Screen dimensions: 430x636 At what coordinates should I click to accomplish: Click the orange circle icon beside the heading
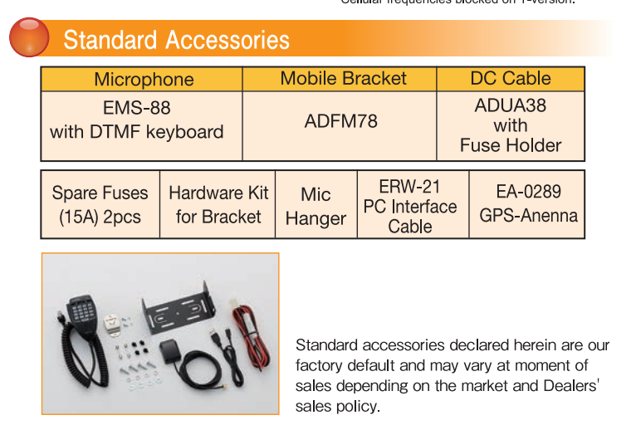tap(30, 38)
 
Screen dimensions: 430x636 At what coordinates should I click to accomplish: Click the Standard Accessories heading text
tap(177, 40)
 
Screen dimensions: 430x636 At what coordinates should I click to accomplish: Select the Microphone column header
tap(144, 80)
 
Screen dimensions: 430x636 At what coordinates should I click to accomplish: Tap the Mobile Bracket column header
tap(343, 79)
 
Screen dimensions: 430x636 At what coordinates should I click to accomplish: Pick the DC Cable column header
tap(510, 79)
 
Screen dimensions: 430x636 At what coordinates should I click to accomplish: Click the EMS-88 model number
tap(137, 108)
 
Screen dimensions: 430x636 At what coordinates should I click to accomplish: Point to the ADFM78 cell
tap(340, 121)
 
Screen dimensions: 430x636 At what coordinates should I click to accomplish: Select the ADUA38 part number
tap(510, 105)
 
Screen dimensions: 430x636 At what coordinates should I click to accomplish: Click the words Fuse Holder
tap(510, 145)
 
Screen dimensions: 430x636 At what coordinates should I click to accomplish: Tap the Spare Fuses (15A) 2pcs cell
tap(100, 205)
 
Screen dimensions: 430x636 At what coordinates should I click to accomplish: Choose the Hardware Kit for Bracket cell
tap(218, 205)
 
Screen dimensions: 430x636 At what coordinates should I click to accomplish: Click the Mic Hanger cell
tap(316, 206)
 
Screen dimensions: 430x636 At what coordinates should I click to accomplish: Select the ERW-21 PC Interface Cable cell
tap(410, 206)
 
